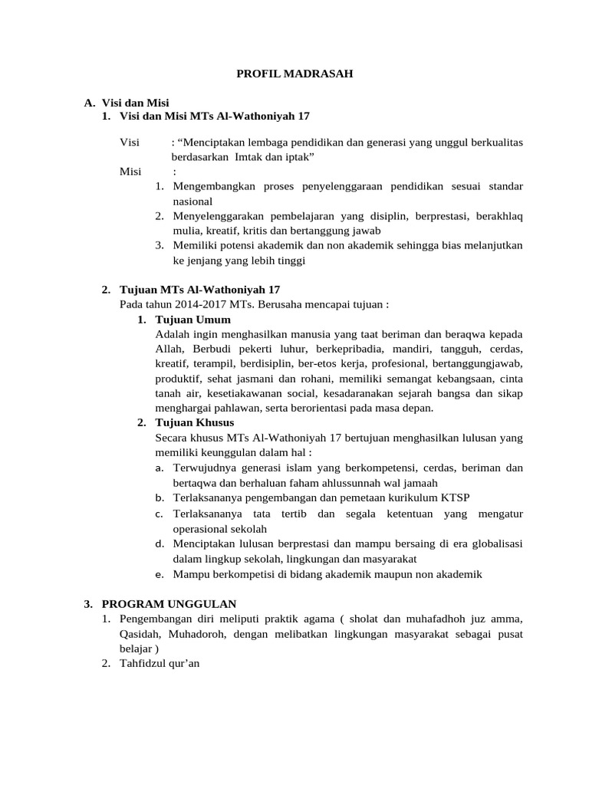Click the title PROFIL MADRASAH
(x=294, y=74)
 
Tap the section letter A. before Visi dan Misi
(x=90, y=102)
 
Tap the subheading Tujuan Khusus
(x=195, y=422)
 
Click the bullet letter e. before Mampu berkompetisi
(x=159, y=574)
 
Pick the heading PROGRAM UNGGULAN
(x=169, y=604)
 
